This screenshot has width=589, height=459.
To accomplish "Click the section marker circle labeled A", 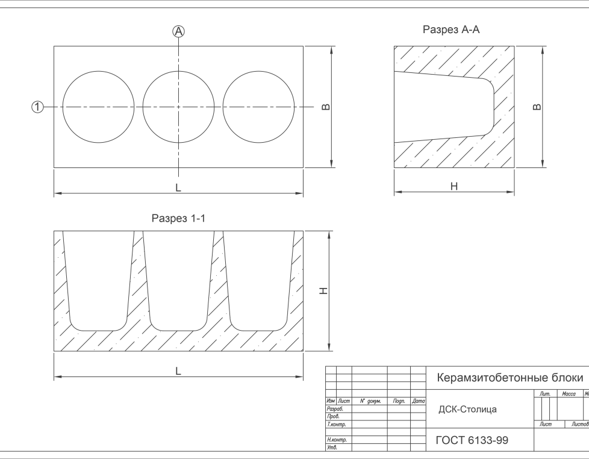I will (178, 31).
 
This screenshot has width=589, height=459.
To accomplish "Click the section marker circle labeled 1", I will (37, 107).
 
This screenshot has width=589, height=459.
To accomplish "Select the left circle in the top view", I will (99, 107).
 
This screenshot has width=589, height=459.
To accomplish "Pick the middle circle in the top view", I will (178, 107).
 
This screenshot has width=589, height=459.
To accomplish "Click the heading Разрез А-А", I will (451, 30).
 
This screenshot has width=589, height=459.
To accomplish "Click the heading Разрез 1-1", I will (178, 219).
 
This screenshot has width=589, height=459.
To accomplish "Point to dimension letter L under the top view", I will (178, 188).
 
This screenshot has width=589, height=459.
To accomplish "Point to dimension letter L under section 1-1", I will (178, 372).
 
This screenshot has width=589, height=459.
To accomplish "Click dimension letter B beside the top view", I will (326, 107).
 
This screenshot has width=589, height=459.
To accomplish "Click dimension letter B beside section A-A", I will (537, 107).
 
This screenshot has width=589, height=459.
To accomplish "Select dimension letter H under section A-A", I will (454, 187).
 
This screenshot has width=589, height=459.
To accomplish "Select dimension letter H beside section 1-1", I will (323, 291).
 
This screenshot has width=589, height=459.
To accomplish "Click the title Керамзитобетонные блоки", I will (509, 378).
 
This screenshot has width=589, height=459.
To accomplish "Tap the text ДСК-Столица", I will (467, 410).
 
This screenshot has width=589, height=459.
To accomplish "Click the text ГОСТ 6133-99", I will (472, 441).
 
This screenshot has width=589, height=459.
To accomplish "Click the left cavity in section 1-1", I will (98, 280).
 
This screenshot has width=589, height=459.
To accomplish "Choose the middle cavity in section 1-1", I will (178, 280).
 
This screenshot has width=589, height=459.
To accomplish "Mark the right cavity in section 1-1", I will (259, 280).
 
